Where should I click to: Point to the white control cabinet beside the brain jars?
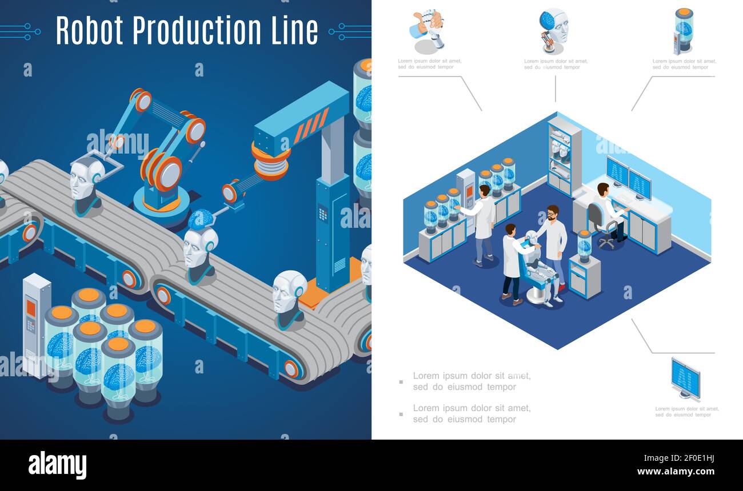(36, 323)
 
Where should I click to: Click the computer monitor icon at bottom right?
(685, 378)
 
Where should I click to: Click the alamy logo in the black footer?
(57, 465)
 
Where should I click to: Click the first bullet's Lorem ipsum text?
(472, 381)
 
